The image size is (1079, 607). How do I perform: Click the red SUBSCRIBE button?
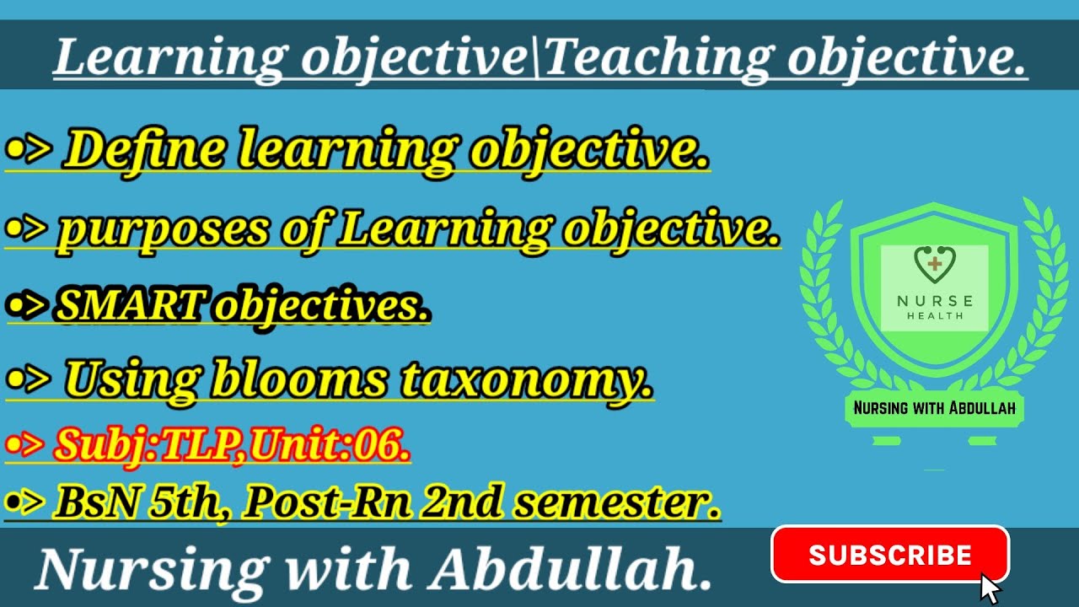pyautogui.click(x=889, y=555)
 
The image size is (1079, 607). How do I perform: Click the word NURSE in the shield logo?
pyautogui.click(x=934, y=301)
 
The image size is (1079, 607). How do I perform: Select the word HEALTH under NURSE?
pyautogui.click(x=934, y=316)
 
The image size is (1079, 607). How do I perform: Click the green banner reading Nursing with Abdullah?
pyautogui.click(x=934, y=409)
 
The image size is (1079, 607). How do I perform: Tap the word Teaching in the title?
pyautogui.click(x=658, y=58)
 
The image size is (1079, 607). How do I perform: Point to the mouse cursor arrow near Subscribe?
pyautogui.click(x=990, y=588)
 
